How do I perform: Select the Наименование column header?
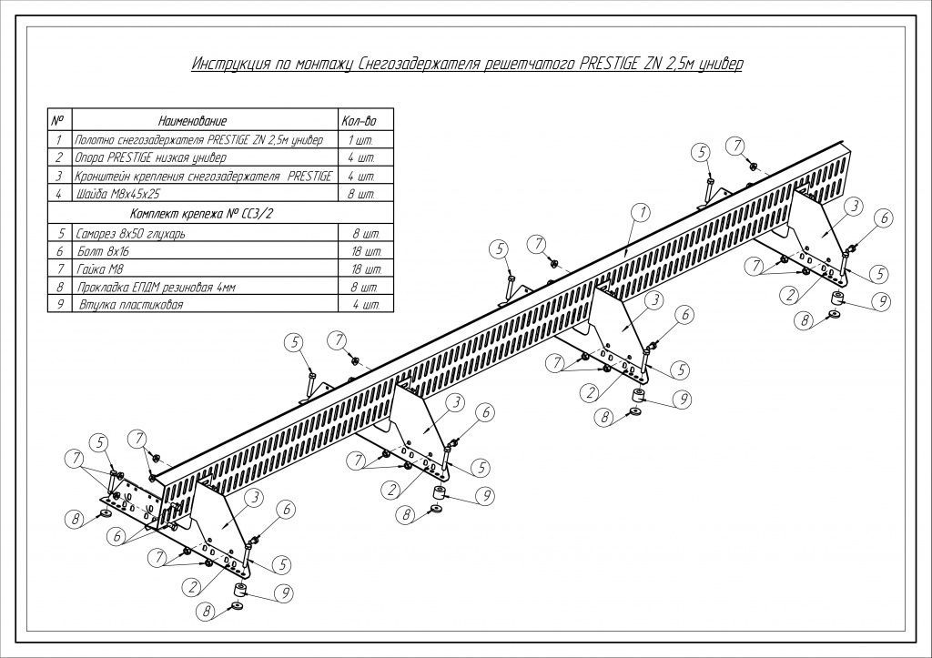[x=193, y=121]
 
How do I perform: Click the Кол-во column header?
[x=359, y=121]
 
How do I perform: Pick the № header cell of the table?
[x=57, y=121]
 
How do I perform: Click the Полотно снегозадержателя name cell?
[x=199, y=140]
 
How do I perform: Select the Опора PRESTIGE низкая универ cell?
[x=150, y=158]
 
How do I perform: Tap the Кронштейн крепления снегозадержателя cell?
[x=203, y=176]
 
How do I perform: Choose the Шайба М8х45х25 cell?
[x=117, y=194]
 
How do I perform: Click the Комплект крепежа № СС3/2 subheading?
[x=200, y=214]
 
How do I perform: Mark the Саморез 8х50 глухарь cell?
[x=131, y=234]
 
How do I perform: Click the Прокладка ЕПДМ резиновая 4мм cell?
[x=157, y=288]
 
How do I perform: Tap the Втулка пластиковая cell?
[x=131, y=305]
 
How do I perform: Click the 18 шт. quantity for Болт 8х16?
[x=366, y=251]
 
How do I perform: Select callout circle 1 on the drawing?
[x=642, y=212]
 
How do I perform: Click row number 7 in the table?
[x=60, y=269]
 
